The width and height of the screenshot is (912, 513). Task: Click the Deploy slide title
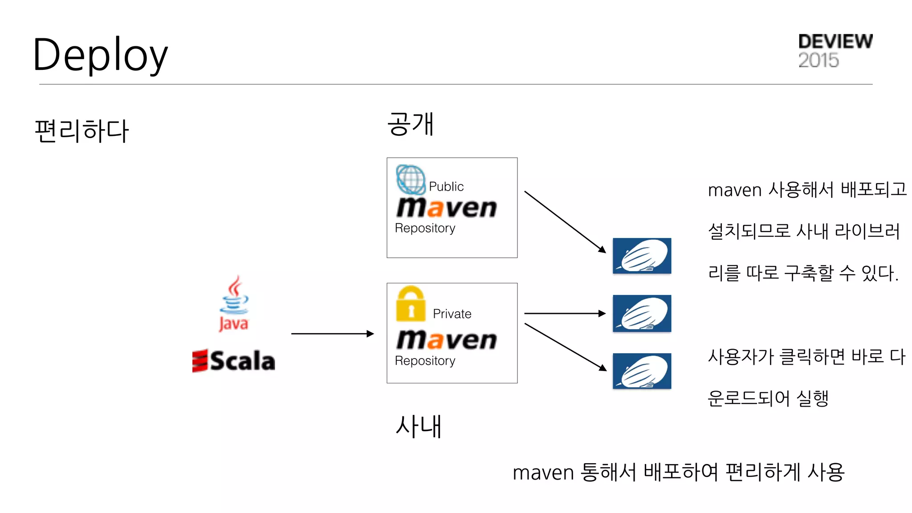click(x=100, y=55)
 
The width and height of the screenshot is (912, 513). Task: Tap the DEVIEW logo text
click(x=835, y=41)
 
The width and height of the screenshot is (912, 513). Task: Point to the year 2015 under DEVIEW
click(x=818, y=60)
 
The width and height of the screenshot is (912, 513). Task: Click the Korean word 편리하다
click(x=81, y=131)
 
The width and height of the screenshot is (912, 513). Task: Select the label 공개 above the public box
click(x=410, y=124)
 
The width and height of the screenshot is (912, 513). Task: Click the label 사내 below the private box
click(x=418, y=426)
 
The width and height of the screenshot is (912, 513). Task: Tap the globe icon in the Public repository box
click(x=411, y=179)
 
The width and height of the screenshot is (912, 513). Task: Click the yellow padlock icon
click(x=411, y=304)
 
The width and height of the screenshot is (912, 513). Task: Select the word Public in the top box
click(x=446, y=187)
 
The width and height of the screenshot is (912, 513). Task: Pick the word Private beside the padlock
click(x=452, y=314)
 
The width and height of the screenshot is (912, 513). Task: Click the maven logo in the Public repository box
click(x=446, y=208)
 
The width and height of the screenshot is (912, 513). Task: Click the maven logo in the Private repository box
click(x=446, y=340)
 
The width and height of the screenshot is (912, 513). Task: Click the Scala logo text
click(x=234, y=361)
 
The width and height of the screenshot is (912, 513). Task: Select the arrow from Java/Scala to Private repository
click(x=332, y=334)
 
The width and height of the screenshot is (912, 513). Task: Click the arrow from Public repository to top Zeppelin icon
click(x=565, y=222)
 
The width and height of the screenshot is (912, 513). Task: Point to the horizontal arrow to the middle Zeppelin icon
click(x=565, y=313)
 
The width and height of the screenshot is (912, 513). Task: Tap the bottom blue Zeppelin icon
click(x=642, y=371)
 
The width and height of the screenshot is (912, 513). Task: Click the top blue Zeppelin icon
click(x=642, y=256)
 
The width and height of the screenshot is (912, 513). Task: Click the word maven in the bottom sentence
click(x=543, y=472)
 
